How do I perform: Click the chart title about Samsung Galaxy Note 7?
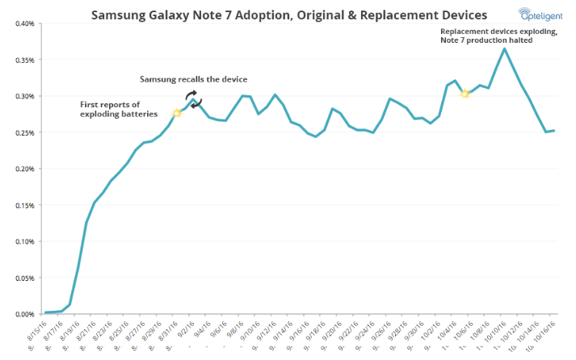click(x=288, y=15)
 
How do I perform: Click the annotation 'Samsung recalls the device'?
click(x=193, y=78)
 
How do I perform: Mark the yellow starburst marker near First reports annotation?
click(x=177, y=113)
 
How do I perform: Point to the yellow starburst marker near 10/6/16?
click(x=465, y=94)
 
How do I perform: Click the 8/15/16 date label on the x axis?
click(x=36, y=331)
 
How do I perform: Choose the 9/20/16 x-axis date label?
click(x=329, y=332)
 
